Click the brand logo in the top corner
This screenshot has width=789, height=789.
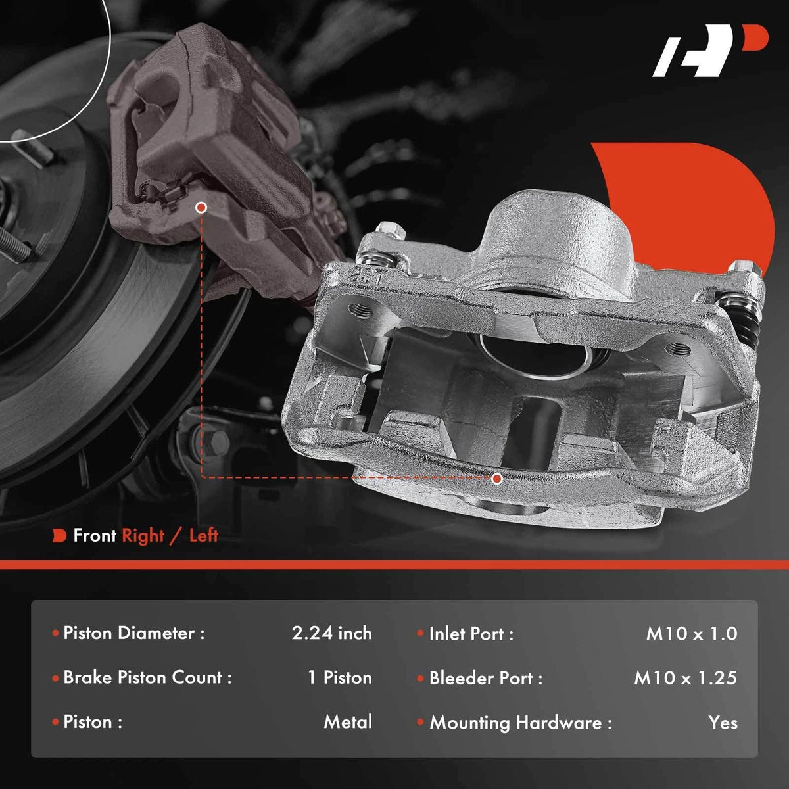[710, 56]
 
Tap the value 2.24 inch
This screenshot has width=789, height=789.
[331, 633]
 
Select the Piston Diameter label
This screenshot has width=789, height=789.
[134, 633]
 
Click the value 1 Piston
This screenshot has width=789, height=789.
[340, 678]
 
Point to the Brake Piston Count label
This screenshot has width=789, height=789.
[147, 678]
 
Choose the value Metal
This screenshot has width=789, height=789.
[348, 722]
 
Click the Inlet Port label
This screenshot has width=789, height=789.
[471, 634]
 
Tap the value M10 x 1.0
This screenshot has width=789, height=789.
[692, 634]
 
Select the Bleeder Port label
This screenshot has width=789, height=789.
[486, 678]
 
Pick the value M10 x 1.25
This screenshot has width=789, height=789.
[685, 678]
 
